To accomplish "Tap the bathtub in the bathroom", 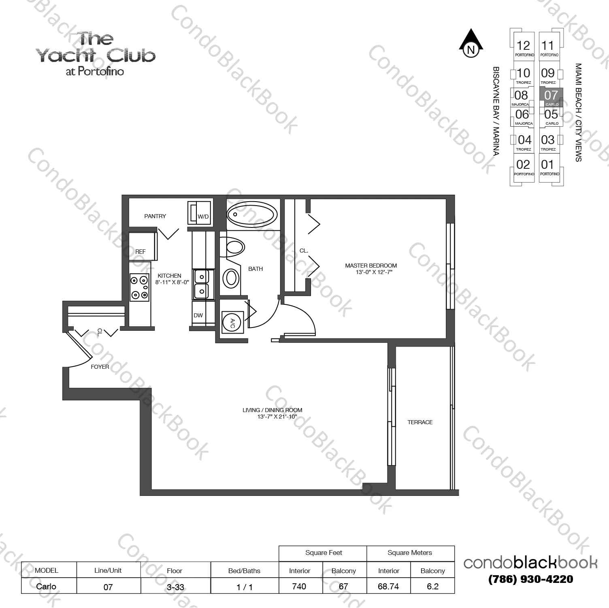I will point(252,215).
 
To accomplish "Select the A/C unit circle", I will point(232,322).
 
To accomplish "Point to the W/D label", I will point(203,217).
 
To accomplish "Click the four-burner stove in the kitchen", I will point(139,287).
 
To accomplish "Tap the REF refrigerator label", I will point(140,252).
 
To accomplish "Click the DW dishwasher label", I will point(198,316).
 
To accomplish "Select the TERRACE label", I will point(420,422).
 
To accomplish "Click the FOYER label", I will point(100,367).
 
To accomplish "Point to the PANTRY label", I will point(155,216).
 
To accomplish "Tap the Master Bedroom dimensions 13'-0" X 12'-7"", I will point(371,272).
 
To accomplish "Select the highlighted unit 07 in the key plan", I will point(551,96).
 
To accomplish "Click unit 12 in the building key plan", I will point(523,46).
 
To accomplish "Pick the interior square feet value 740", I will point(299,586).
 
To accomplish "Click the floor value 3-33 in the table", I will point(175,587).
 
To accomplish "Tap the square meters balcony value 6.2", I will point(432,586).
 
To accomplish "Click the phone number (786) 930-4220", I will point(530,579).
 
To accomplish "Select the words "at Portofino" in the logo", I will point(95,72).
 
